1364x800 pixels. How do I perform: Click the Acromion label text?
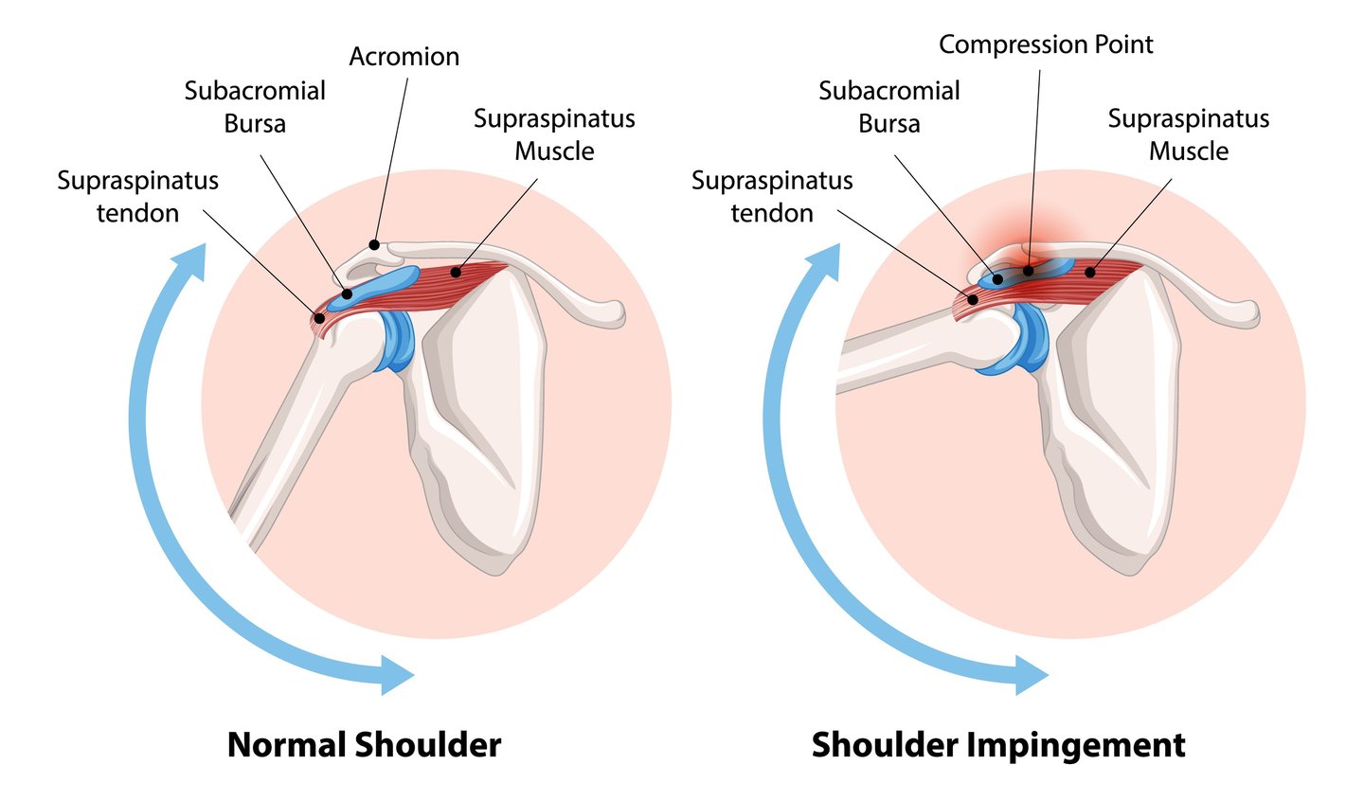click(404, 57)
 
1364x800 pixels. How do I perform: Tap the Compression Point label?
click(1046, 44)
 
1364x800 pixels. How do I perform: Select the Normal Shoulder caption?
click(364, 744)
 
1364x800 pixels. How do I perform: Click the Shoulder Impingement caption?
click(998, 744)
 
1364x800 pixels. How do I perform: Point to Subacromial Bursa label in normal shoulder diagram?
click(255, 107)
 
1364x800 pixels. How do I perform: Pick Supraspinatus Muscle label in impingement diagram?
click(1188, 134)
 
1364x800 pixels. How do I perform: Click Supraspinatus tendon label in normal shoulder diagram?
click(137, 196)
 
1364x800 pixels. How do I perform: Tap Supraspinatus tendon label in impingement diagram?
click(772, 196)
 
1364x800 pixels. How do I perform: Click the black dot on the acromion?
click(374, 244)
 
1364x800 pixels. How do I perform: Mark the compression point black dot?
click(1029, 271)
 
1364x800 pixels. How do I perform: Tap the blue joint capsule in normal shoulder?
click(396, 341)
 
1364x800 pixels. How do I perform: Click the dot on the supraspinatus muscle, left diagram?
click(456, 273)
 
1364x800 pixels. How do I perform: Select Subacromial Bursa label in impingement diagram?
click(888, 107)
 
